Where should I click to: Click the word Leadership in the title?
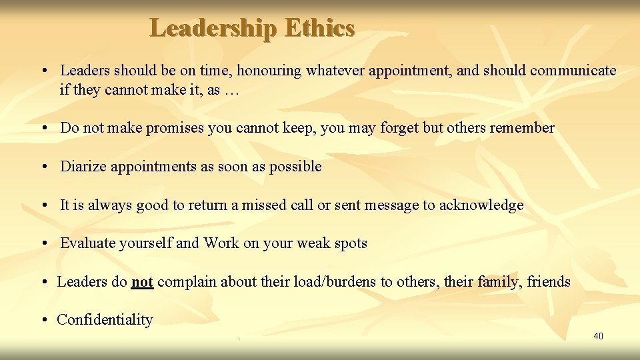[213, 28]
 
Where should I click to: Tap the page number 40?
[598, 336]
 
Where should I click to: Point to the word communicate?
[573, 71]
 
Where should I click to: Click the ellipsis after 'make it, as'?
[231, 90]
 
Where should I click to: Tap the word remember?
[522, 128]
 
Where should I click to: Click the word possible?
[295, 167]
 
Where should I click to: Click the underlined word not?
[143, 282]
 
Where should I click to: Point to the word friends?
[549, 282]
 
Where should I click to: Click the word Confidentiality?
[105, 320]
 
